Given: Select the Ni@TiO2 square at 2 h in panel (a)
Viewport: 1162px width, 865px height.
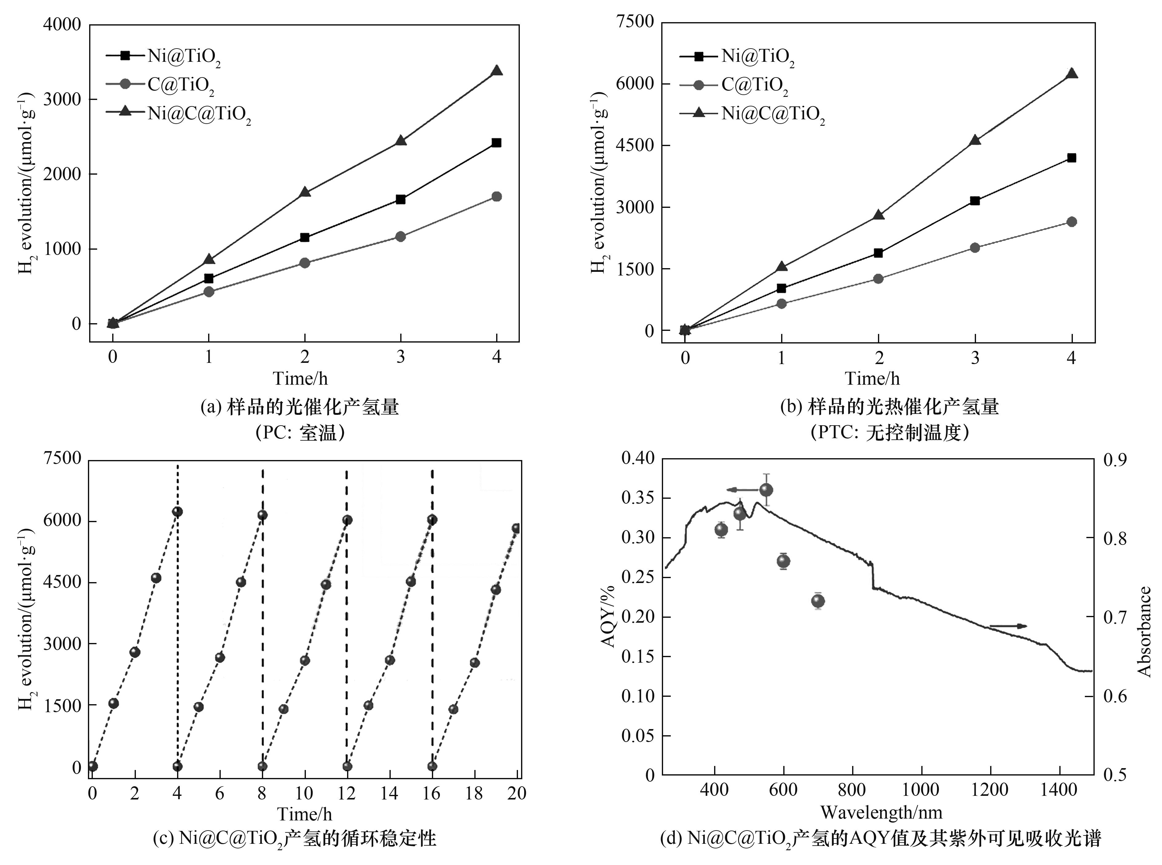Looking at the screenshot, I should point(305,237).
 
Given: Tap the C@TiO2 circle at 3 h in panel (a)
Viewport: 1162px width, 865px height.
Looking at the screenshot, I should point(401,236).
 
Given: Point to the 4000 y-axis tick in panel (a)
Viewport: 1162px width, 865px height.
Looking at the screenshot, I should point(62,25).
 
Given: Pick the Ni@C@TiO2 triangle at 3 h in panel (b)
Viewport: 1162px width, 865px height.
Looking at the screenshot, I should point(974,140).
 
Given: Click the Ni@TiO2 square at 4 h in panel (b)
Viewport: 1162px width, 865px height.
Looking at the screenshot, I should point(1071,158).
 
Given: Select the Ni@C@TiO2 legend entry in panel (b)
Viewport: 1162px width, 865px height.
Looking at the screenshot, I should point(772,113).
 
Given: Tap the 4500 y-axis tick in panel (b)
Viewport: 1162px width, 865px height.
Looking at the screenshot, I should point(635,145).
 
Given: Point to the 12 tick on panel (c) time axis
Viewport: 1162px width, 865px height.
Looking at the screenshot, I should point(346,793).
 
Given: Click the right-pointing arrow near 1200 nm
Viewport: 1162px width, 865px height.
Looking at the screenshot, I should point(1008,626).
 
